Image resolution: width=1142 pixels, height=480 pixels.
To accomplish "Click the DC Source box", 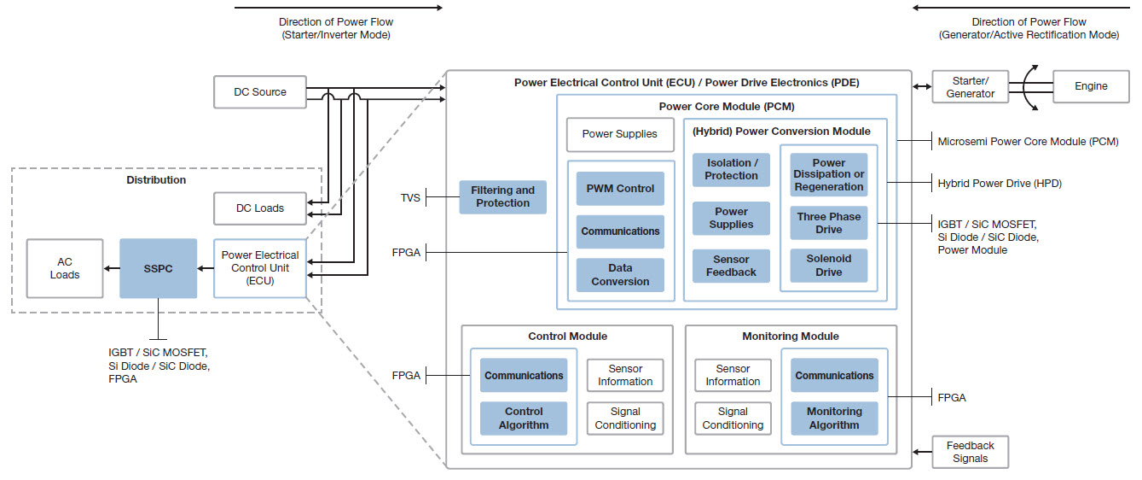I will click(260, 92).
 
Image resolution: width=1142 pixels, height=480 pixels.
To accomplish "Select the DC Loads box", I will click(260, 208).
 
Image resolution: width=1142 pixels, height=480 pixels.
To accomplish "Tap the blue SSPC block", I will click(158, 268).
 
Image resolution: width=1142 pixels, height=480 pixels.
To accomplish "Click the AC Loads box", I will click(65, 268).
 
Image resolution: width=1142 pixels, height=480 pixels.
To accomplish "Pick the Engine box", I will click(1091, 86).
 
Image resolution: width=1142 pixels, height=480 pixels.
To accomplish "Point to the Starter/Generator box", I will click(971, 87).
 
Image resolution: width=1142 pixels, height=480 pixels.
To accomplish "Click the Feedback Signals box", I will click(970, 452).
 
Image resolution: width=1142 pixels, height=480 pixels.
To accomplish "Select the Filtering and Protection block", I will click(503, 196).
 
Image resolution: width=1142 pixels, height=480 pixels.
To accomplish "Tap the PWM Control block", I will click(620, 189).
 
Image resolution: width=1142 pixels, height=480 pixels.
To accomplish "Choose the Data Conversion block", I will click(620, 274).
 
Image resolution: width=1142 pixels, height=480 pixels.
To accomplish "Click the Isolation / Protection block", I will click(731, 169).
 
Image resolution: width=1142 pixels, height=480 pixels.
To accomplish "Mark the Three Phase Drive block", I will click(828, 223).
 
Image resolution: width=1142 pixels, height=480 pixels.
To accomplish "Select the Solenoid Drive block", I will click(828, 266).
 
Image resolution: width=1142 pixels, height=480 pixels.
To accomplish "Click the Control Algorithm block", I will click(524, 419).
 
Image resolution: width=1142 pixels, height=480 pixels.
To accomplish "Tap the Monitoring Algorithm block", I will click(834, 419).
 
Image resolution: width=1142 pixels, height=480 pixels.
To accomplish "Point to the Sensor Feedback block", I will click(731, 266).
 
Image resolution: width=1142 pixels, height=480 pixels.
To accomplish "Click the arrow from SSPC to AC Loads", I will click(112, 268).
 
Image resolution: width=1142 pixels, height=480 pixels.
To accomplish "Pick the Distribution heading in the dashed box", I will click(156, 180).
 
